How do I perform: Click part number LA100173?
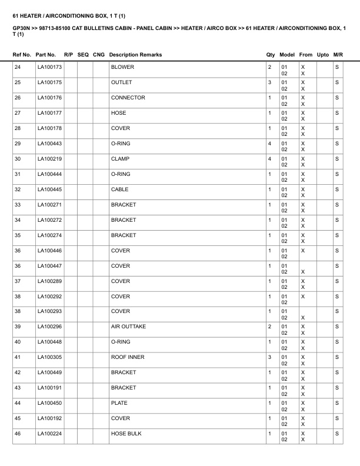(x=49, y=68)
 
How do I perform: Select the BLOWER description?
(x=122, y=68)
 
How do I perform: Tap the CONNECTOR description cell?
(x=128, y=98)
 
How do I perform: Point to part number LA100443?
(x=49, y=144)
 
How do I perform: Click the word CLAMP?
(x=120, y=159)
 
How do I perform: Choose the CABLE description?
(x=119, y=190)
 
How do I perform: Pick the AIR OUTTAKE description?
(x=128, y=327)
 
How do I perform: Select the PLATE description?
(x=119, y=404)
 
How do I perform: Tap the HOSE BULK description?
(x=126, y=434)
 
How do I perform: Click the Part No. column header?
(x=46, y=55)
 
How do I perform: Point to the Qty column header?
(x=271, y=55)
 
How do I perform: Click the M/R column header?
(x=338, y=55)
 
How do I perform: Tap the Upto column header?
(x=323, y=55)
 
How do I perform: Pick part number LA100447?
(x=49, y=267)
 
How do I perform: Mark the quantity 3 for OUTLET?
(x=269, y=83)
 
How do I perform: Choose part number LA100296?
(x=49, y=327)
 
